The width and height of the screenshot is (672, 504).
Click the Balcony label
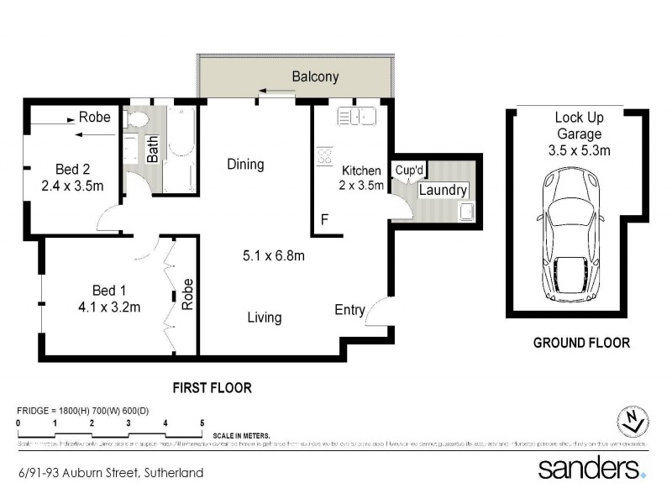point(315,77)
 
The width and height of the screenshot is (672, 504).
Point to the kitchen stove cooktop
point(323,156)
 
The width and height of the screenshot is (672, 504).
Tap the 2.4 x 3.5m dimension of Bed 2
point(73,186)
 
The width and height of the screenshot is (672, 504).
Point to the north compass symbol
point(632,418)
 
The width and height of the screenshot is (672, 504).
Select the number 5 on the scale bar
point(202,423)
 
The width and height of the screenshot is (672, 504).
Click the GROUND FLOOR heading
point(581,343)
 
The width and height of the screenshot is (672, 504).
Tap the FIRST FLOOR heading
point(212,388)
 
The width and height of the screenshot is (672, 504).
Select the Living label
point(265,318)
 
